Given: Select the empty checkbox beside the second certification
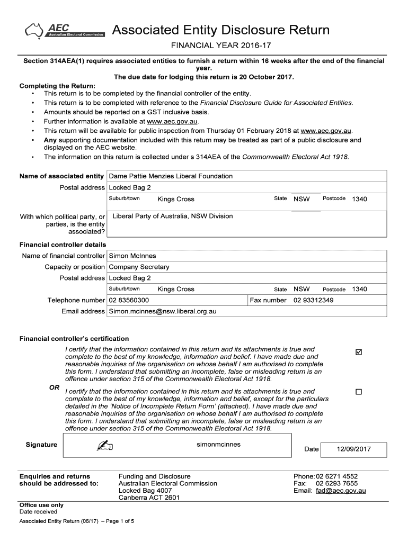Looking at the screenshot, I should [359, 392].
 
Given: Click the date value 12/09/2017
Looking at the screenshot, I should [353, 449].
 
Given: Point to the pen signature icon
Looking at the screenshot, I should [105, 446].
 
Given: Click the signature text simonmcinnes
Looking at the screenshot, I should [218, 445].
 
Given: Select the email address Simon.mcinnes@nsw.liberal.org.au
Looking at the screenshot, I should [163, 312].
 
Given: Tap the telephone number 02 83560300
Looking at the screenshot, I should [129, 301].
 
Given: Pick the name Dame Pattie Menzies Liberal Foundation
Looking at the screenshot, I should [171, 176].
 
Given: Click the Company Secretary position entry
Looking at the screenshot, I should [139, 267].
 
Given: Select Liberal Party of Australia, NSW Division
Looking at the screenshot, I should [173, 216].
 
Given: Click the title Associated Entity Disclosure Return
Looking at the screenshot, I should [220, 30].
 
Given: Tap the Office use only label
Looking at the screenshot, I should [41, 505].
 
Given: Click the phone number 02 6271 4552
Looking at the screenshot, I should [337, 476].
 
